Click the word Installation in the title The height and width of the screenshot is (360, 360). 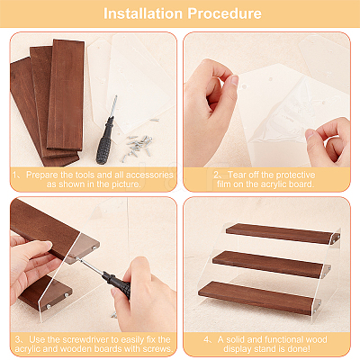coord(143,13)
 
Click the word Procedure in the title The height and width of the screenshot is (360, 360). coord(224,13)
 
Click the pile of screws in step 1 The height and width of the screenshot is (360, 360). coord(138,147)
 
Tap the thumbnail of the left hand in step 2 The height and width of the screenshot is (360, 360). coord(233,80)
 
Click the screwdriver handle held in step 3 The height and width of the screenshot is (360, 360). coord(116,283)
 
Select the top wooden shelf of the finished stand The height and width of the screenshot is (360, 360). coord(283,233)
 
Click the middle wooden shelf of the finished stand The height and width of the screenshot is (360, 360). coord(267,264)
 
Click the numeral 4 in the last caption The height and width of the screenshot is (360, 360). coord(206,340)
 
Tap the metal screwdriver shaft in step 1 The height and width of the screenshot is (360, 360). coord(112,106)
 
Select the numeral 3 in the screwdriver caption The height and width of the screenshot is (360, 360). coord(18,340)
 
